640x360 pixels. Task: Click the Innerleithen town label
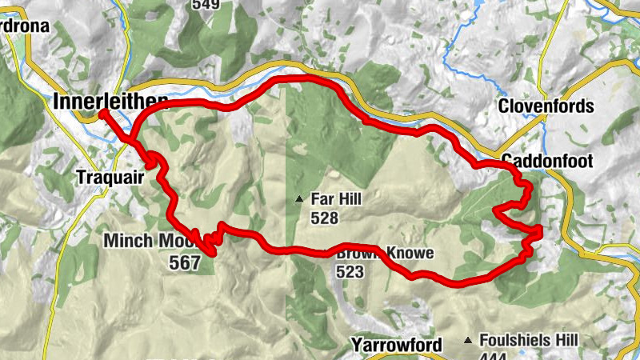(x=111, y=102)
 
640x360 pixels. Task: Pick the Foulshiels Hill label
(x=530, y=340)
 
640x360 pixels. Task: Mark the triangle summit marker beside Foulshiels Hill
(x=468, y=340)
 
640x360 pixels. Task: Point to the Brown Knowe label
(x=386, y=254)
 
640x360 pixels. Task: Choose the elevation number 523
(x=350, y=272)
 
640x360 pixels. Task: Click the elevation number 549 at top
(x=205, y=4)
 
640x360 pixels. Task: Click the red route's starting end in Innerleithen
(x=103, y=114)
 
